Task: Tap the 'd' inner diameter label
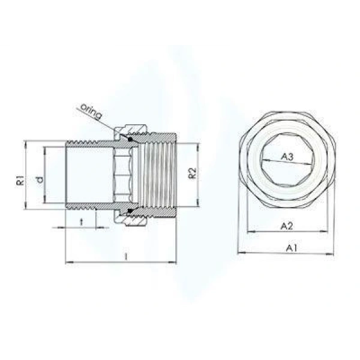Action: point(39,179)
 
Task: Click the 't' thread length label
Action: point(82,221)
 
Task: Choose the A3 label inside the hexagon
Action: point(287,157)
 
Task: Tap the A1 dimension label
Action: point(291,247)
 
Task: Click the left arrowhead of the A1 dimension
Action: point(241,253)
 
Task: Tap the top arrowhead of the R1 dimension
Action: point(25,144)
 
